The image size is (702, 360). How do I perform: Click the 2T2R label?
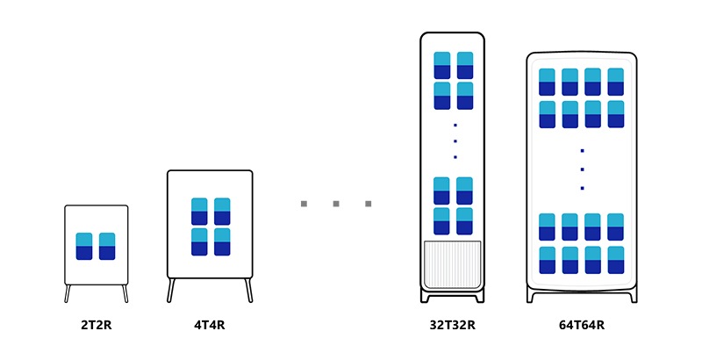97,325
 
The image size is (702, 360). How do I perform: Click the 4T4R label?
210,325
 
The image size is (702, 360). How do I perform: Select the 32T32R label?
452,325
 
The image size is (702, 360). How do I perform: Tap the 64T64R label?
582,325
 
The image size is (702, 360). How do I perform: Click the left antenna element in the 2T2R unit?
84,246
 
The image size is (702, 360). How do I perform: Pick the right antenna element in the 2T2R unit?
107,246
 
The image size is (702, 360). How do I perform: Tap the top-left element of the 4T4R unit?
199,211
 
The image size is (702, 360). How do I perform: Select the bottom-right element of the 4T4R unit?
222,241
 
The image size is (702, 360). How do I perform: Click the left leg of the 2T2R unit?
68,293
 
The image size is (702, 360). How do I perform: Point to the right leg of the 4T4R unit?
249,290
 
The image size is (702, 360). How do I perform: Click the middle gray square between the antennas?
336,204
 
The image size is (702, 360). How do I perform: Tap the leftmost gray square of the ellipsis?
304,204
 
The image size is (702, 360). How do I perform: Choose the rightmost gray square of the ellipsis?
369,204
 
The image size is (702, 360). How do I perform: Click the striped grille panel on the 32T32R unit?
452,263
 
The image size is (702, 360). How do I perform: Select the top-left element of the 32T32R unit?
442,65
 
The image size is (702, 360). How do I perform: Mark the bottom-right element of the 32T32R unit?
465,220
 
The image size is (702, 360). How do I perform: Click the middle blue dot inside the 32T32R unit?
455,140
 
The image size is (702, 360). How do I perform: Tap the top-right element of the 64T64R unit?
616,82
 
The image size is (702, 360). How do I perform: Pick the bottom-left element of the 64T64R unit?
547,260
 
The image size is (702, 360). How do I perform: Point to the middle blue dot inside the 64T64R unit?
582,169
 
